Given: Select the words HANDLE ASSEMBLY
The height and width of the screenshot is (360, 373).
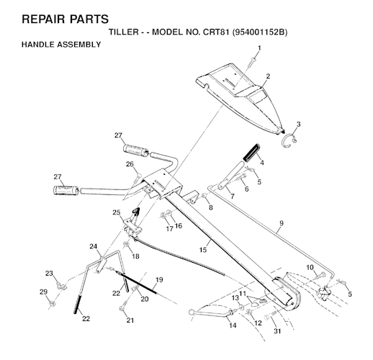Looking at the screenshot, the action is [61, 45].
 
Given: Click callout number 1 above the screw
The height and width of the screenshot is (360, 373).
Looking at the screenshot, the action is [259, 48].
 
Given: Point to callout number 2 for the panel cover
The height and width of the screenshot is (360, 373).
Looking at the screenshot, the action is [268, 76].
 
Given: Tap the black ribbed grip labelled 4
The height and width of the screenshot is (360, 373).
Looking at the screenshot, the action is [251, 153].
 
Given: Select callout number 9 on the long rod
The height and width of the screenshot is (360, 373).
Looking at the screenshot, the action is [282, 223].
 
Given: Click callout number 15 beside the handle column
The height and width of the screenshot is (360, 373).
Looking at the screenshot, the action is [203, 250].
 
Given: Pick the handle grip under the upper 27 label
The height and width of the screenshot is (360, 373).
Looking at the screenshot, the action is [136, 150].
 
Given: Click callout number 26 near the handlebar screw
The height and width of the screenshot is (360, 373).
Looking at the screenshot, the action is [130, 164].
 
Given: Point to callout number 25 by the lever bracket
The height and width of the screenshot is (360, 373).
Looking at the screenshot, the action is [117, 212].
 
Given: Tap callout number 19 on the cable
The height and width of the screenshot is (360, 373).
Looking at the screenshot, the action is [159, 280].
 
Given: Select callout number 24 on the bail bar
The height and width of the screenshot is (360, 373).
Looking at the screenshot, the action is [94, 246].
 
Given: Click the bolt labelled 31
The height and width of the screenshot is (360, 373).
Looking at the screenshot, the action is [271, 318].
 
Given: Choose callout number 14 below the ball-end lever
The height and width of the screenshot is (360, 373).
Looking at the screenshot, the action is [233, 325].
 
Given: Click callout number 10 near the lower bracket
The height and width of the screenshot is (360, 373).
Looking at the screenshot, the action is [310, 267].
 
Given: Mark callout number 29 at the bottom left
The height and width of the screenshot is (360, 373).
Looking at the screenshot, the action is [43, 292].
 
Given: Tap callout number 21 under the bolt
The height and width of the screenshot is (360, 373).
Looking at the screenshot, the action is [130, 320].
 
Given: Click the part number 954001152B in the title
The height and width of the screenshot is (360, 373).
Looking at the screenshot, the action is [260, 32].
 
